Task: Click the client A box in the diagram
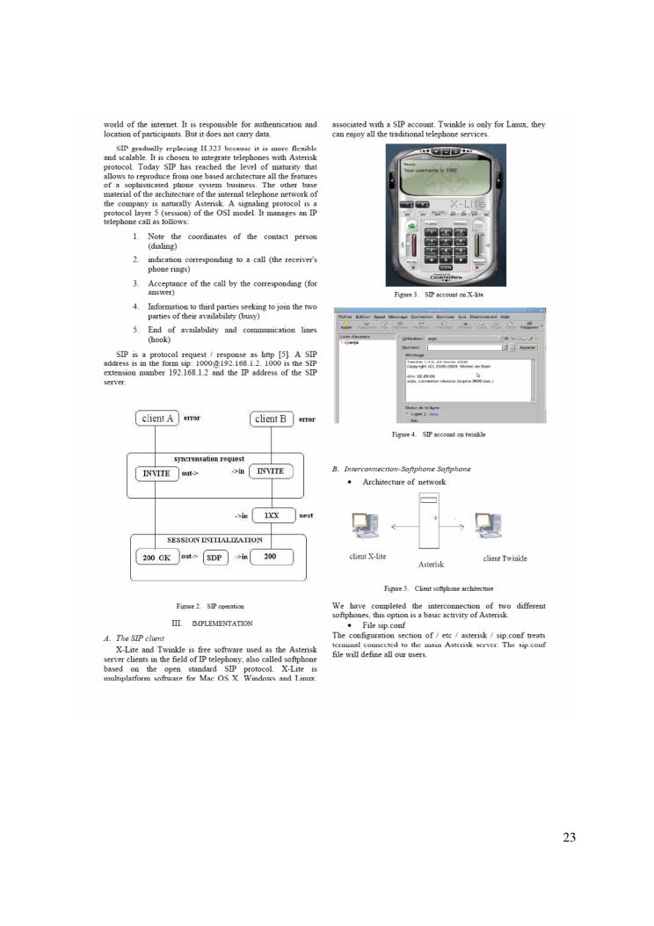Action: coord(158,419)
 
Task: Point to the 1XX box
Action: coord(272,515)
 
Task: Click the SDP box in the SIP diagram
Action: coord(215,558)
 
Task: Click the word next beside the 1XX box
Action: coord(306,515)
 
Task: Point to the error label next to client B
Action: coord(307,419)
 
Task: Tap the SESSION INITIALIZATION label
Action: coord(214,539)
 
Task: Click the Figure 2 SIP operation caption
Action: coord(214,606)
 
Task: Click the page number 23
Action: coord(569,837)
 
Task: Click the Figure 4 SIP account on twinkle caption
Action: coord(439,434)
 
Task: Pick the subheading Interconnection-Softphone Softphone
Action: coord(402,469)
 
